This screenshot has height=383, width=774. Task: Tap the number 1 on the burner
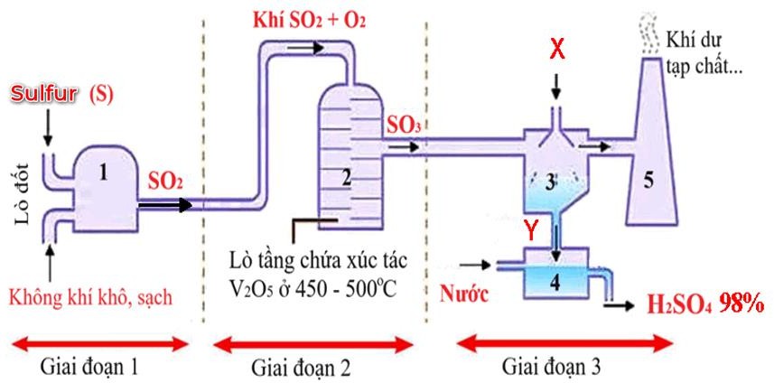pyautogui.click(x=105, y=175)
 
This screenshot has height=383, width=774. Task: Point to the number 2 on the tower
pyautogui.click(x=347, y=178)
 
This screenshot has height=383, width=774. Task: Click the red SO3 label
pyautogui.click(x=403, y=126)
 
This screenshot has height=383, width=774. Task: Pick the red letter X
pyautogui.click(x=558, y=51)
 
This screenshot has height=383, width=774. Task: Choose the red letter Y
pyautogui.click(x=540, y=233)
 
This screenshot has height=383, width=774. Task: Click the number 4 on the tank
pyautogui.click(x=555, y=281)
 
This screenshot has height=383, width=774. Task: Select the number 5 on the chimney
pyautogui.click(x=648, y=179)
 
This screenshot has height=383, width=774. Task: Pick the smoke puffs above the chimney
pyautogui.click(x=647, y=29)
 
